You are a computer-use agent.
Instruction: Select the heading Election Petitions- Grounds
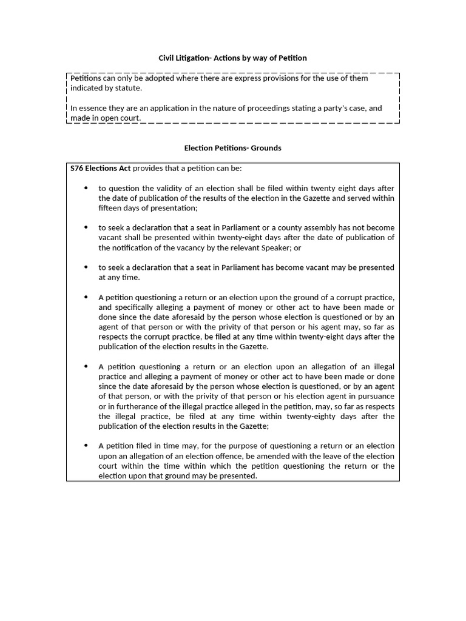232,148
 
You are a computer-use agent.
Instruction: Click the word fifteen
109,207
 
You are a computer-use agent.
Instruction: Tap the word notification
128,247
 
